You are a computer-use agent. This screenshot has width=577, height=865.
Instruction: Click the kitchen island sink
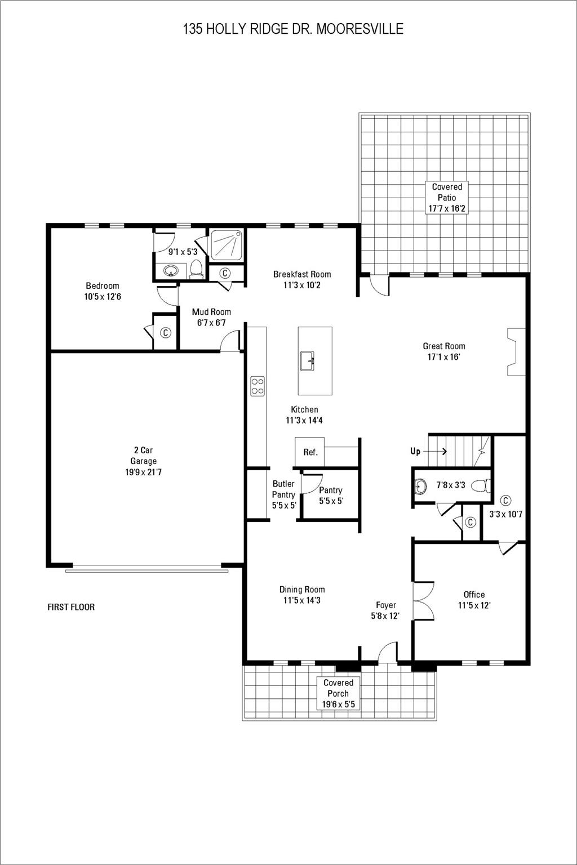tap(308, 361)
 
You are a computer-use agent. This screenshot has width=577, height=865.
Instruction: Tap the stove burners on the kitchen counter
tap(258, 386)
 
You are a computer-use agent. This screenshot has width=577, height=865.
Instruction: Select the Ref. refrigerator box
tap(310, 452)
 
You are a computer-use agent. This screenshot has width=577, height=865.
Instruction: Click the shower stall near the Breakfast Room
tap(227, 246)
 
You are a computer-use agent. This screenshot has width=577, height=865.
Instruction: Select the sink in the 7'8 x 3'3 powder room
tap(419, 485)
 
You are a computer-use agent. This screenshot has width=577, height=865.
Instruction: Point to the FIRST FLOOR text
tap(71, 607)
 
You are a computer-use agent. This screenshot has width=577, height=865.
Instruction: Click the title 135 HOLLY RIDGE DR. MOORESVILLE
tap(293, 29)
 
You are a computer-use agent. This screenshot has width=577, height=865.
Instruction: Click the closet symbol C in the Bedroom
tap(166, 333)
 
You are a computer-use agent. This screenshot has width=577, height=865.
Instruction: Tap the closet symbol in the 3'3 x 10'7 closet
tap(505, 500)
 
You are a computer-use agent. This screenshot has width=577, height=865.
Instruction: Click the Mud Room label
tap(211, 312)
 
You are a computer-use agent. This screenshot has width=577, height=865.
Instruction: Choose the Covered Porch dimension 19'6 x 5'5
tap(338, 705)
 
